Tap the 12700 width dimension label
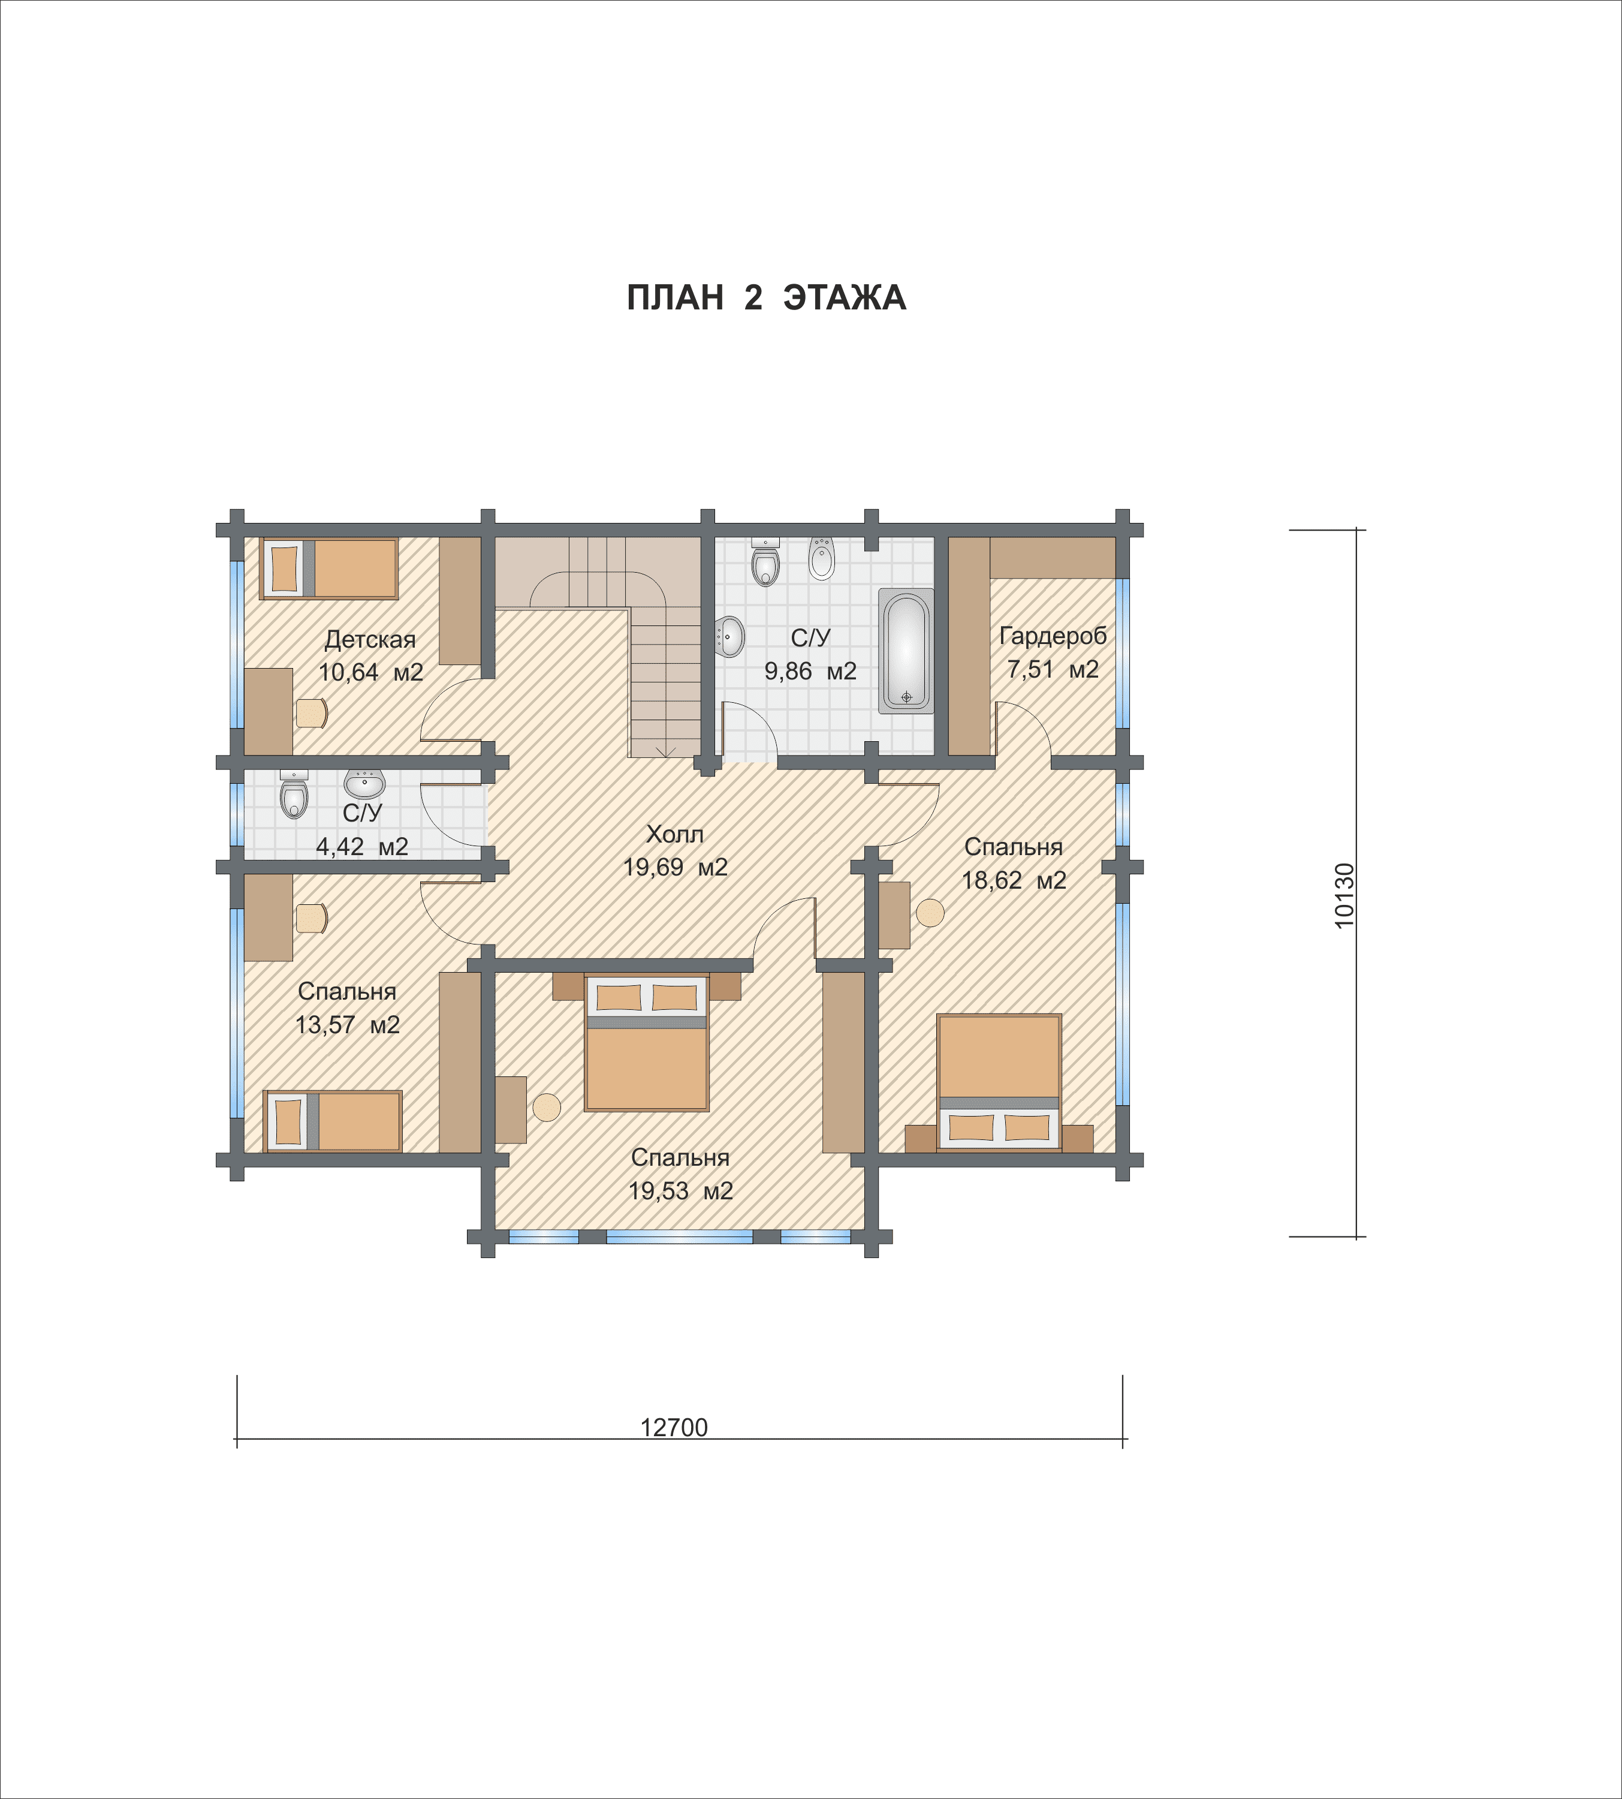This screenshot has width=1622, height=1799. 674,1427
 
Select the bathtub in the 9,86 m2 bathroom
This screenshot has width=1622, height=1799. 906,650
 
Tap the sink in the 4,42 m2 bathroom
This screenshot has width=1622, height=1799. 364,784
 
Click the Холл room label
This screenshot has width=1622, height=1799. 675,834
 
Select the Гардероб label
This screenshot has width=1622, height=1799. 1053,636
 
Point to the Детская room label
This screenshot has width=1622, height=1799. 370,639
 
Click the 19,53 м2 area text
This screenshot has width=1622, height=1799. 681,1191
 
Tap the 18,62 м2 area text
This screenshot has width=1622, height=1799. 1014,881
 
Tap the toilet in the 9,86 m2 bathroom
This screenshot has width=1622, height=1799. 765,562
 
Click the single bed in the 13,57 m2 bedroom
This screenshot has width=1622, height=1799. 333,1121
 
